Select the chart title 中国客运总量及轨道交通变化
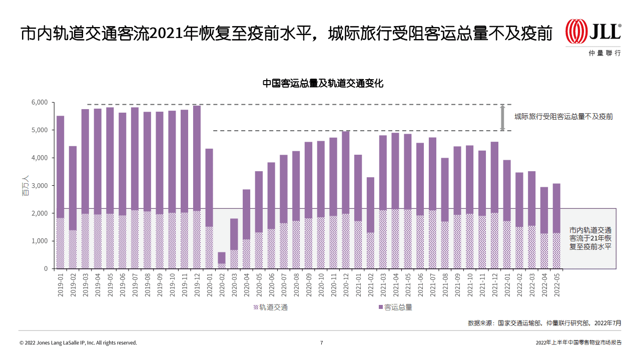323,84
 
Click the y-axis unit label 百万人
26,185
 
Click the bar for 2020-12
346,200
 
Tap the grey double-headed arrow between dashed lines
503,118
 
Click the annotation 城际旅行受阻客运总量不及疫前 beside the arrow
563,117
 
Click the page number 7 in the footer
321,343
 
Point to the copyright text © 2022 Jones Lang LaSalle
78,343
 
